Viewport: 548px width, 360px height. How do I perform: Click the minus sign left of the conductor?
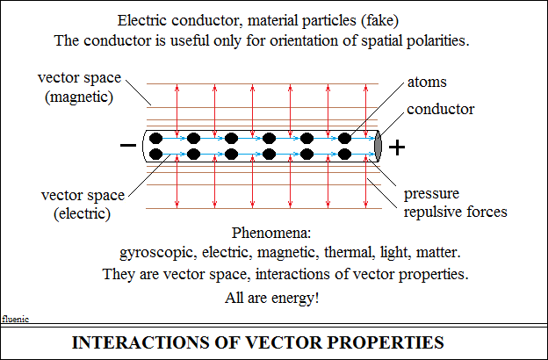(128, 145)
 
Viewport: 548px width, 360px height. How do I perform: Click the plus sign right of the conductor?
(397, 148)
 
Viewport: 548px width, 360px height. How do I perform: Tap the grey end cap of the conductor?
(378, 146)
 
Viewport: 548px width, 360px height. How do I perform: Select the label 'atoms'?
(427, 83)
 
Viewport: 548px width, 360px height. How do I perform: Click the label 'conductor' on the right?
(440, 109)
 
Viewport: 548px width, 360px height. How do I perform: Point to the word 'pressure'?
(431, 194)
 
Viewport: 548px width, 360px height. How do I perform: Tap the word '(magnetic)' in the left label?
(79, 97)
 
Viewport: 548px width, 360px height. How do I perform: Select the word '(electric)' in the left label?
(83, 213)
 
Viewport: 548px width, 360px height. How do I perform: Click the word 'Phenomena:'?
(271, 233)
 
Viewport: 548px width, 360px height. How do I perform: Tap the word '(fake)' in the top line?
(380, 20)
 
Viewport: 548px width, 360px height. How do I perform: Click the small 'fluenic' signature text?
(16, 319)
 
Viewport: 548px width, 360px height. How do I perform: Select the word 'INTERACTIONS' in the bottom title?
(141, 342)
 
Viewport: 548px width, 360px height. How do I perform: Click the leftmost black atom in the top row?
(155, 139)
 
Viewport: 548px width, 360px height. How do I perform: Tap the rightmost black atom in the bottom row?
(344, 154)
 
